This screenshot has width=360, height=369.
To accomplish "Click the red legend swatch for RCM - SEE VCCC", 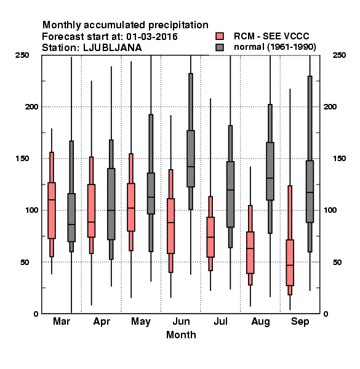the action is point(220,36).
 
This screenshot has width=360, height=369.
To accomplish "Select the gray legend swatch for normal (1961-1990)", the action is point(220,47).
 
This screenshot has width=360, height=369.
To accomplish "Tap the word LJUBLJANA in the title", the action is point(113,47).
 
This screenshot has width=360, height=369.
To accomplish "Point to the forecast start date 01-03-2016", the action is point(152,37).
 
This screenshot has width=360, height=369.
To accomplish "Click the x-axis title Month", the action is point(181,335).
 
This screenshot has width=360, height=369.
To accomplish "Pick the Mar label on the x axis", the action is point(62,321).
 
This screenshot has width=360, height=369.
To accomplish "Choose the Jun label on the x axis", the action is point(181,321).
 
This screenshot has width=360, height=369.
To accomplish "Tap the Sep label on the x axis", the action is point(300,322).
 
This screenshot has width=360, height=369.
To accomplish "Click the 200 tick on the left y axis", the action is point(31,107).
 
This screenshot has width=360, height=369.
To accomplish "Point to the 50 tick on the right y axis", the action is point(337,262).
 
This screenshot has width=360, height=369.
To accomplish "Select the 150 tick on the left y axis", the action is point(22,159).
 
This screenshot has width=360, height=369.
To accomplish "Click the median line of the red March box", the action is point(52,199).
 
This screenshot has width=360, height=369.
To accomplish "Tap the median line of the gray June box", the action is point(191,167).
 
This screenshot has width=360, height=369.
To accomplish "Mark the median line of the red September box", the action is point(290,265).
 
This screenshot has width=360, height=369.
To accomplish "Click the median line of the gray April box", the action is point(111,210).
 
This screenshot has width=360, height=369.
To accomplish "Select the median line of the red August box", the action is point(250,248).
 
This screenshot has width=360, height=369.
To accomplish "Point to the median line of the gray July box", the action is point(231,189).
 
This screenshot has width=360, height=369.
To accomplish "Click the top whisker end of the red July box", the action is point(210,99).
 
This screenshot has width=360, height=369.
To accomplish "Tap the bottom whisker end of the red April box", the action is point(91,305).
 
